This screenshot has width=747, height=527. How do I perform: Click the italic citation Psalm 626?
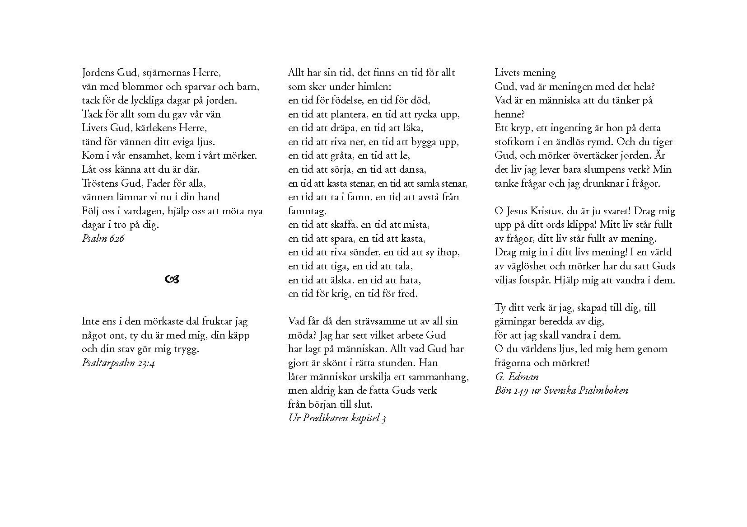[x=103, y=239]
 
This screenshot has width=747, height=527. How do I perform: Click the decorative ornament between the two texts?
[x=173, y=280]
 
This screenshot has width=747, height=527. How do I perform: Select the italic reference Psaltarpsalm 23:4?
[x=118, y=363]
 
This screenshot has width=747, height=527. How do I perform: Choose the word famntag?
[x=306, y=211]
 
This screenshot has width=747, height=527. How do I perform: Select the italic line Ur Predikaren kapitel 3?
[x=337, y=418]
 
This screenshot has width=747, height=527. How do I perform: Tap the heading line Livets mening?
[x=525, y=73]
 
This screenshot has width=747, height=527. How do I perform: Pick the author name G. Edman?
[x=517, y=376]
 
